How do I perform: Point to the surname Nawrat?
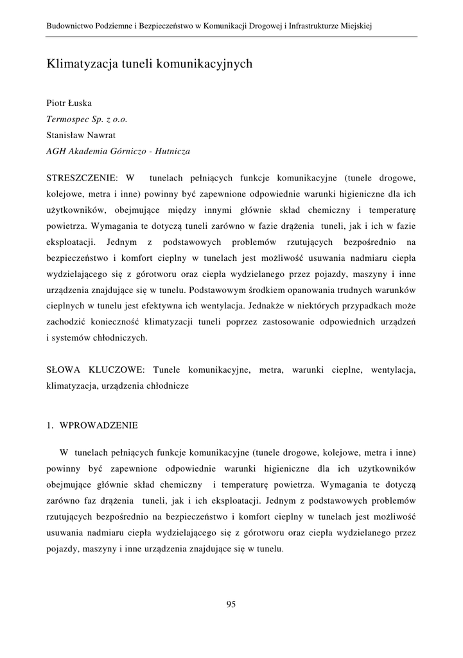pyautogui.click(x=102, y=135)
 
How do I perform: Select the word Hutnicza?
pyautogui.click(x=172, y=152)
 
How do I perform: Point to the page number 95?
pyautogui.click(x=231, y=603)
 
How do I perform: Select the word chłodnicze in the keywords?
pyautogui.click(x=168, y=387)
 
